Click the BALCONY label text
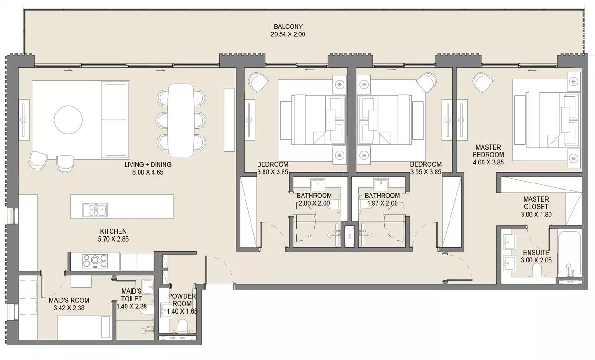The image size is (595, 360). coord(288,26)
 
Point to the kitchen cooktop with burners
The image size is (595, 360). coord(95,261)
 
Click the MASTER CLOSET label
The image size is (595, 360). coord(535,203)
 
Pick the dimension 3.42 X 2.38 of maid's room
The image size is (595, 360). coord(68,308)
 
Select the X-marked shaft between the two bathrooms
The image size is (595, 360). coord(349,235)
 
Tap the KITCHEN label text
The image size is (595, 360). coord(113,231)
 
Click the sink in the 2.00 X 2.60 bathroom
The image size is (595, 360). coord(318,184)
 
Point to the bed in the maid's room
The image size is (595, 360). coord(84,328)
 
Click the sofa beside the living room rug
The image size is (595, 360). coord(114,120)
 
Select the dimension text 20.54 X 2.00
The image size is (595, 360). coord(288,34)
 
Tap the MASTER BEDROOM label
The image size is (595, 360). coord(488,151)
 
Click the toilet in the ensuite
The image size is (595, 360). coord(536,271)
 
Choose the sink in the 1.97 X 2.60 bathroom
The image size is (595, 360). coord(381,184)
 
